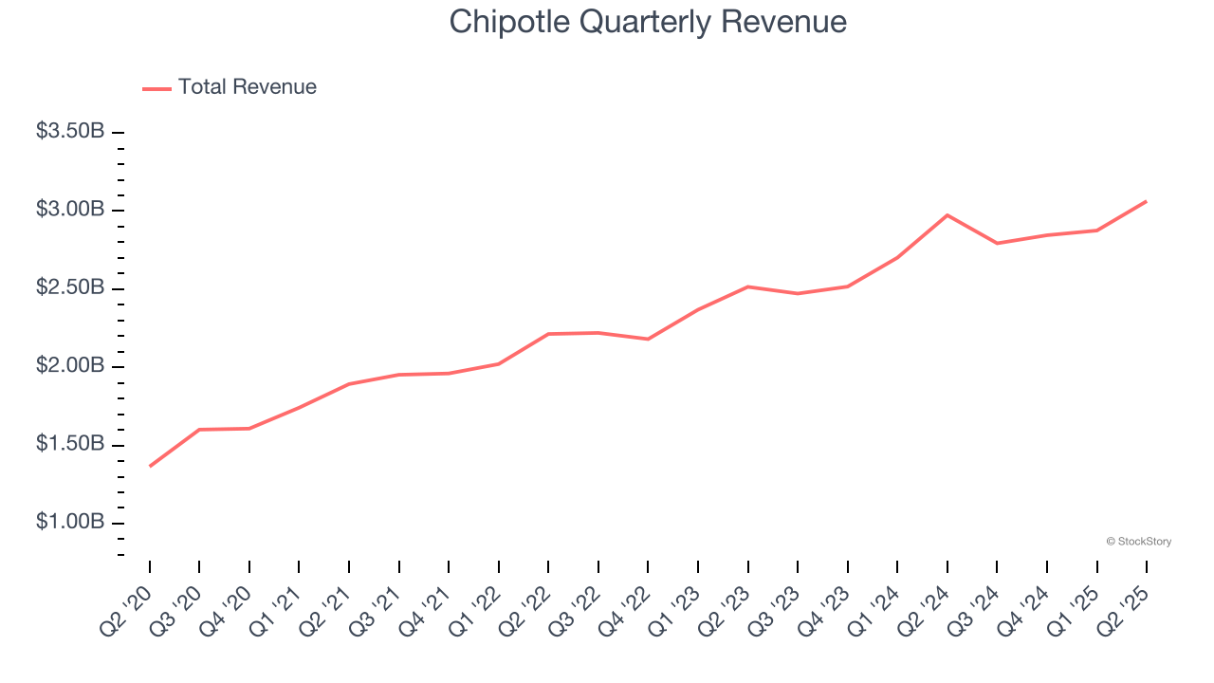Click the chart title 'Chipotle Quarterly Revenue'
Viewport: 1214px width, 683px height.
(648, 21)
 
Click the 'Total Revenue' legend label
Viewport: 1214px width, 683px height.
(247, 87)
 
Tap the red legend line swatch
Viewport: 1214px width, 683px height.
(156, 88)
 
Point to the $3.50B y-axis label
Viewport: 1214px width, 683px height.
(70, 132)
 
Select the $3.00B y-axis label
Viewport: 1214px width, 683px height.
(70, 210)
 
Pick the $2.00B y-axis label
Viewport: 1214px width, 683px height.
(70, 366)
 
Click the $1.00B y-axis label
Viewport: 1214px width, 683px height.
(70, 523)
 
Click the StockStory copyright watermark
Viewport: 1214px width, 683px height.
(1138, 542)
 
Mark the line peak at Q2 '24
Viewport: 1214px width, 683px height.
(947, 215)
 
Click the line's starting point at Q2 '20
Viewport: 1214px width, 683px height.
(150, 466)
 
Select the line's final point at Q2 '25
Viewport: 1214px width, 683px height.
(1147, 201)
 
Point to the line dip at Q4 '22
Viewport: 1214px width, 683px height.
(648, 339)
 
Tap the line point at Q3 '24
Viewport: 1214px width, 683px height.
(997, 243)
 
